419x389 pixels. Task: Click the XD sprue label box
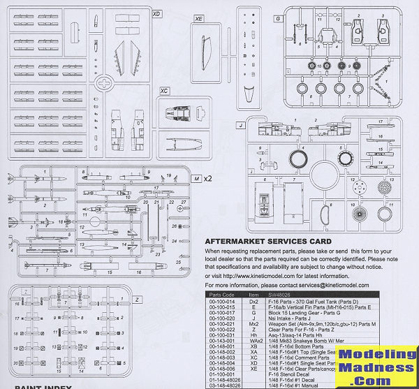click(x=156, y=13)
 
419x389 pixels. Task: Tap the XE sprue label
click(x=199, y=19)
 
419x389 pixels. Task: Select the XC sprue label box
click(x=165, y=91)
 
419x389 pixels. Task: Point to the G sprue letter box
click(x=278, y=19)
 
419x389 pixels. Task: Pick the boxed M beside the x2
click(x=198, y=179)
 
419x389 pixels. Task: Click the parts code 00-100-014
click(x=218, y=302)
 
